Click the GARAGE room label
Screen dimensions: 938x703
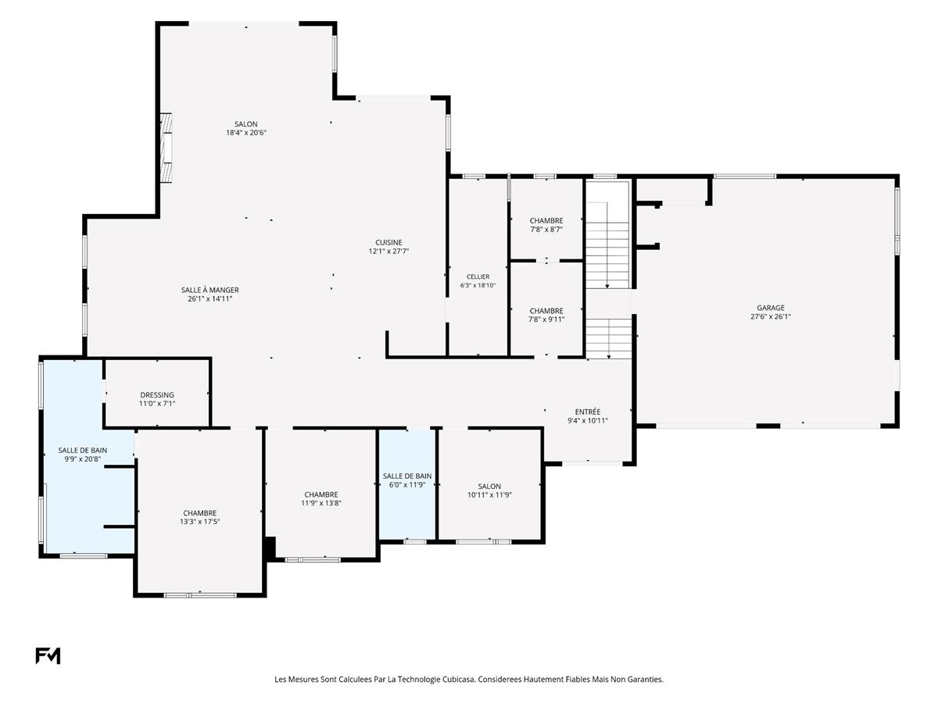coord(771,308)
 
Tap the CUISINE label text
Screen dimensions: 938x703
coord(388,242)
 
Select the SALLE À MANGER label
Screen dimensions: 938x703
coord(209,291)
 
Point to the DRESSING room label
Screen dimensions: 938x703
coord(157,395)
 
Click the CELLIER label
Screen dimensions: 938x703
coord(478,277)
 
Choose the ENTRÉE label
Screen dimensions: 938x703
coord(588,412)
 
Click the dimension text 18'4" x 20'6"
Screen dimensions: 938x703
coord(246,133)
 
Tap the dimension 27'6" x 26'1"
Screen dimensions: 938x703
coord(771,316)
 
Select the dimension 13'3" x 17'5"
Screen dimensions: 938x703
coord(199,522)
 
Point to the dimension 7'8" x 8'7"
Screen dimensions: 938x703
coord(546,229)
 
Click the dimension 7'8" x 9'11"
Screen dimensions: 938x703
coord(546,319)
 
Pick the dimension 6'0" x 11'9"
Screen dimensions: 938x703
coord(406,485)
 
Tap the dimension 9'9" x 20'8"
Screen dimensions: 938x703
coord(83,459)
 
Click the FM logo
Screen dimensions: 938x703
coord(48,655)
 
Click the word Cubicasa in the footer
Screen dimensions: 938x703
coord(458,680)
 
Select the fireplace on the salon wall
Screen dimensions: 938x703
coord(166,148)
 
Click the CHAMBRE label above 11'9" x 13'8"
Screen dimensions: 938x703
coord(321,494)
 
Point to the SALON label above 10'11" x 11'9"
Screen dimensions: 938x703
coord(489,487)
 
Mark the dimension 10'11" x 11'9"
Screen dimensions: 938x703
coord(489,495)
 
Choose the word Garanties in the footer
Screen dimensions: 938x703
coord(646,680)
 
